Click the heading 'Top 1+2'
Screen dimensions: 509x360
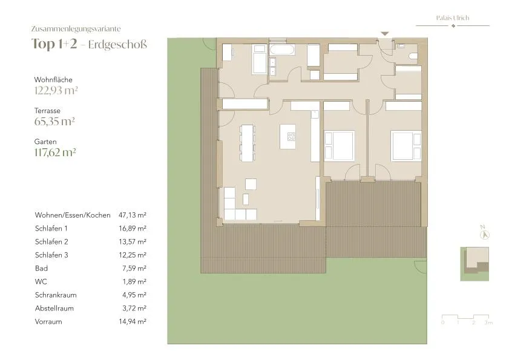click(x=54, y=44)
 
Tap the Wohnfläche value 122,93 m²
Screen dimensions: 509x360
click(x=56, y=90)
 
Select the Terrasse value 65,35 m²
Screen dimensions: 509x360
click(x=54, y=122)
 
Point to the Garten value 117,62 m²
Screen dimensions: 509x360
click(x=55, y=152)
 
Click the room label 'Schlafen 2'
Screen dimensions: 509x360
click(x=51, y=242)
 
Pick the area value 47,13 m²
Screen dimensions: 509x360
click(x=133, y=215)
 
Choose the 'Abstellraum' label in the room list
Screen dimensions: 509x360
click(x=54, y=309)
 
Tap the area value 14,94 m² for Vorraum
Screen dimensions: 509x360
click(x=133, y=322)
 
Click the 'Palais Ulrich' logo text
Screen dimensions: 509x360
click(x=453, y=18)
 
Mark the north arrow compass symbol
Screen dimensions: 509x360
click(x=484, y=234)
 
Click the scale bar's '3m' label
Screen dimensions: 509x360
click(x=488, y=322)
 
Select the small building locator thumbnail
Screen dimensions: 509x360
click(x=475, y=264)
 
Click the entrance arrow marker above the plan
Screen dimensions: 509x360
click(x=385, y=33)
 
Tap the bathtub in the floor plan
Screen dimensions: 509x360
click(x=282, y=50)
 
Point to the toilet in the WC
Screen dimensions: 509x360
click(x=413, y=56)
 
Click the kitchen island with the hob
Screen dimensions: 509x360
click(x=288, y=137)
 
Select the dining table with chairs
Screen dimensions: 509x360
click(x=247, y=143)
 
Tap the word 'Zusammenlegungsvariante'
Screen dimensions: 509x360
click(x=76, y=29)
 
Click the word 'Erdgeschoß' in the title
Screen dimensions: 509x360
click(x=117, y=45)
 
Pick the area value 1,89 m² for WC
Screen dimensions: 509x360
click(x=134, y=282)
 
